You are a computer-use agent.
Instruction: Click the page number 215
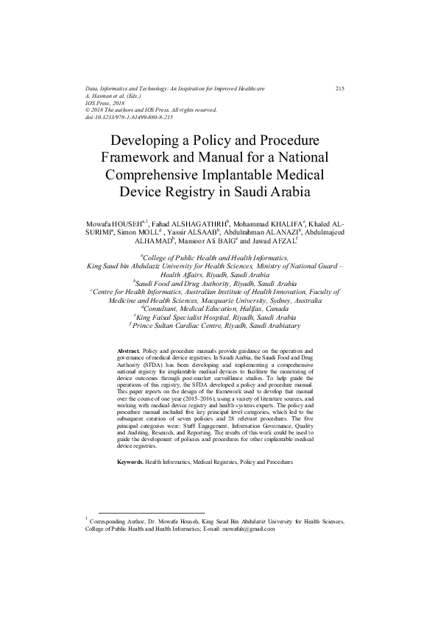(x=340, y=89)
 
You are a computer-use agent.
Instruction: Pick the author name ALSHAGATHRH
(x=200, y=221)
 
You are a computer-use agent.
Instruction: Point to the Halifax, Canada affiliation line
(x=220, y=310)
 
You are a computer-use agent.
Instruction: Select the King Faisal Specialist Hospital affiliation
(x=219, y=318)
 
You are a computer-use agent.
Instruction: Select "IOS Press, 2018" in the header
(x=107, y=103)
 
